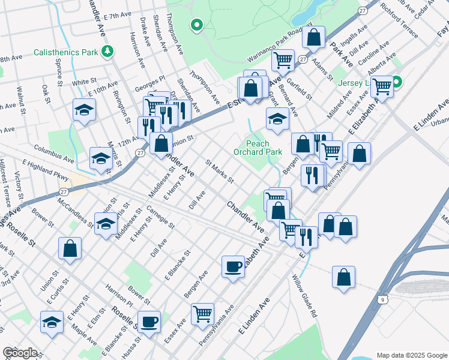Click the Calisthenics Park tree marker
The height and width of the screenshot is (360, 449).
[107, 52]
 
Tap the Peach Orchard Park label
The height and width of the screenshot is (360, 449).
[264, 148]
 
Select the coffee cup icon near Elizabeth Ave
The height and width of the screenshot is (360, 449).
[233, 266]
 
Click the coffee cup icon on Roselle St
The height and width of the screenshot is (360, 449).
[148, 322]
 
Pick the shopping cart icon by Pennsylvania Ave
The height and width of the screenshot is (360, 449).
[202, 313]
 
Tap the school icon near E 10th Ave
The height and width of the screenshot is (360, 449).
[85, 110]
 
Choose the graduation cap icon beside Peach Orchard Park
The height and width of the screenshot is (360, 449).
[277, 119]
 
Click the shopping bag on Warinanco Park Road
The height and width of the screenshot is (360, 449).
[313, 38]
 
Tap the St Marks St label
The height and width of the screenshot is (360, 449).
[219, 171]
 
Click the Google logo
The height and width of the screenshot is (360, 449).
[20, 353]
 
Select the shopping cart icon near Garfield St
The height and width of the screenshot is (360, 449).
[282, 60]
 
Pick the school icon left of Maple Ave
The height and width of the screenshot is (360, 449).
[52, 322]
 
